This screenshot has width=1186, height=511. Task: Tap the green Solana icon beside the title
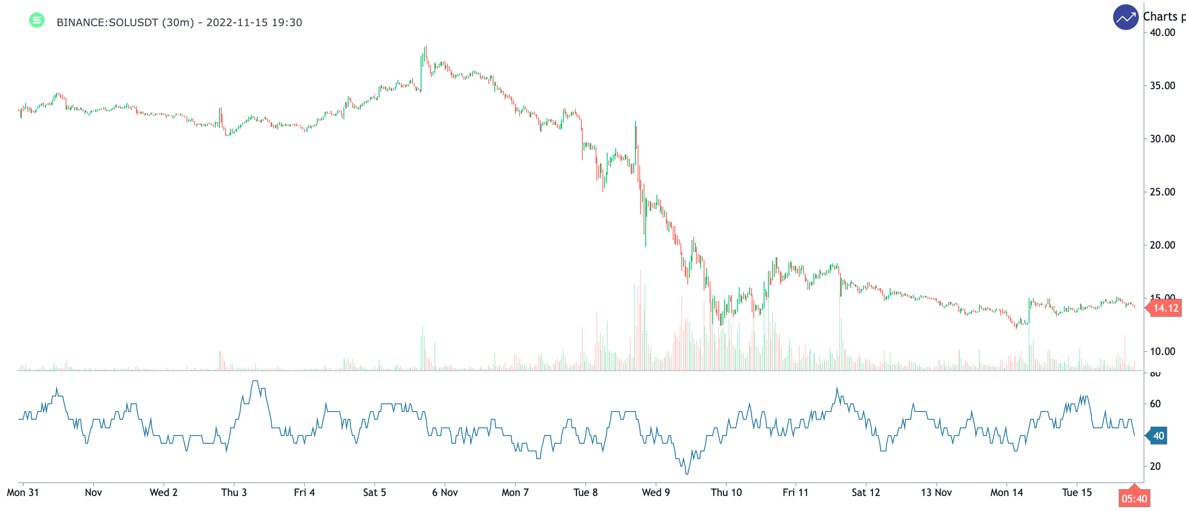(37, 20)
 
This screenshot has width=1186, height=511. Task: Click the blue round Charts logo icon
(1125, 18)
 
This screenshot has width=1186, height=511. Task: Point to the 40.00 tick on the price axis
(1162, 33)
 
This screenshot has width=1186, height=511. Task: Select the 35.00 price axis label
(1162, 86)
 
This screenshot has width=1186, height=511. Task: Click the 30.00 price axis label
(1162, 139)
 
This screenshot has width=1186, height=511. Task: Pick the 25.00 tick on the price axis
(1162, 192)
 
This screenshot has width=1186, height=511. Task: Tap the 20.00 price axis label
(1162, 245)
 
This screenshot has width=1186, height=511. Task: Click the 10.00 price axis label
(1162, 352)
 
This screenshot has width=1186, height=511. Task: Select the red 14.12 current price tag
(1165, 308)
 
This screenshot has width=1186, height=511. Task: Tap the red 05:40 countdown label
(1134, 499)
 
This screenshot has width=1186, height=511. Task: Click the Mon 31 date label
(23, 493)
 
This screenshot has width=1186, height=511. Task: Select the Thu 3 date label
(234, 493)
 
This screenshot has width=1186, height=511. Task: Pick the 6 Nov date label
(445, 493)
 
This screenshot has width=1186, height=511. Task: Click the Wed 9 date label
(656, 493)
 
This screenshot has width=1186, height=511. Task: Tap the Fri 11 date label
(795, 493)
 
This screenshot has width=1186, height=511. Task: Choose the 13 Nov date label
(936, 493)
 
